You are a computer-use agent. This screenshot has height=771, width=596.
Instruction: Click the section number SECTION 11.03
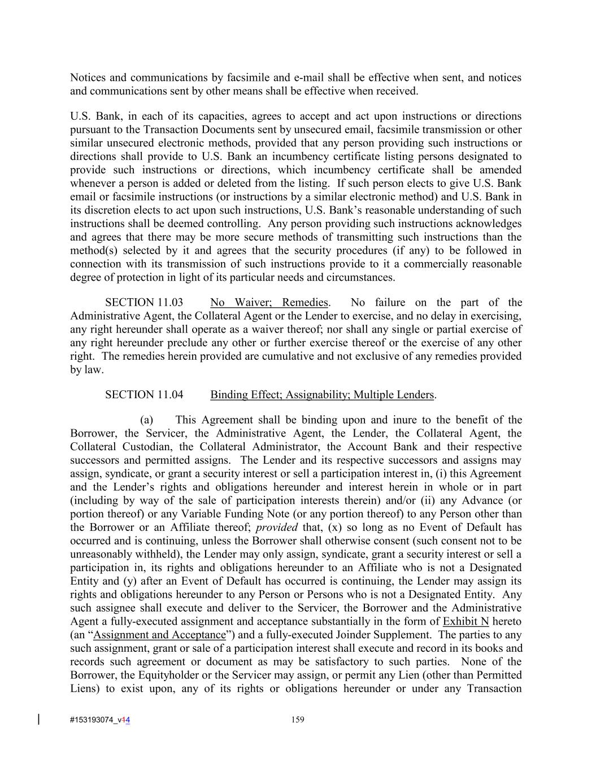[x=144, y=303]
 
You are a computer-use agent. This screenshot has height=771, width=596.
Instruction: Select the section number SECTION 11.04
[x=144, y=395]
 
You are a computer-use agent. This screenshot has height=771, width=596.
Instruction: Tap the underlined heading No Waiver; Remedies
[x=269, y=303]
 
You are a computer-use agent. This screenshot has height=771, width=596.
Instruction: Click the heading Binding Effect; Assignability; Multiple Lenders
[x=322, y=395]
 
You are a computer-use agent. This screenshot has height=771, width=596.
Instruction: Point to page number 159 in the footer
[x=298, y=720]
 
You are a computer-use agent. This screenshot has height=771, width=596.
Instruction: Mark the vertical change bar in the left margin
[x=38, y=719]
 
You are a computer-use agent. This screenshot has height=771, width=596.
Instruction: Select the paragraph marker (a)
[x=147, y=420]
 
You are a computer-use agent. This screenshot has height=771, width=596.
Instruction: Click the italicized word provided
[x=277, y=528]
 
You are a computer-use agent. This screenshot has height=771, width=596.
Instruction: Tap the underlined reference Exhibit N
[x=466, y=621]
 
